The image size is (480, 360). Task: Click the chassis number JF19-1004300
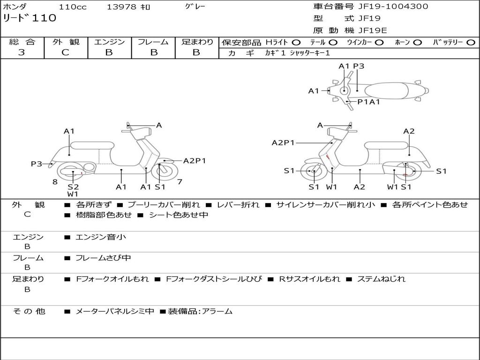[x=386, y=7]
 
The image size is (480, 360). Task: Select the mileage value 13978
[x=121, y=7]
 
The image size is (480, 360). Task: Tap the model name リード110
[x=30, y=18]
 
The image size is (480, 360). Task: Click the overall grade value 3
[x=22, y=52]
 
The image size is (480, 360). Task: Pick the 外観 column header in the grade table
[x=66, y=42]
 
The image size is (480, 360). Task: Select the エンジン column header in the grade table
[x=109, y=42]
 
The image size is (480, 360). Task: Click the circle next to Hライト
[x=296, y=43]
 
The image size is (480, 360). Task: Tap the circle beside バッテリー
[x=471, y=43]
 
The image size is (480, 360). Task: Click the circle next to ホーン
[x=417, y=43]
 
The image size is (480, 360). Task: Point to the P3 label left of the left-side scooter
[x=37, y=164]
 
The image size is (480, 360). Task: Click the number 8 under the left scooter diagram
[x=55, y=182]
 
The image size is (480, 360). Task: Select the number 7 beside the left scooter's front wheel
[x=180, y=182]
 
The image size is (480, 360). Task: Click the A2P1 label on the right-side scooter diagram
[x=283, y=143]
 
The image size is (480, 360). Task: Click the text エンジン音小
[x=101, y=237]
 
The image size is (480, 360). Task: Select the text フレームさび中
[x=103, y=258]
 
